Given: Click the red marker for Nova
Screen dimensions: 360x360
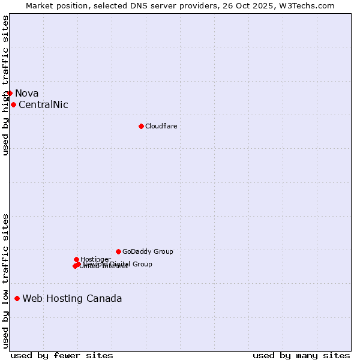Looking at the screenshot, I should tap(10, 93).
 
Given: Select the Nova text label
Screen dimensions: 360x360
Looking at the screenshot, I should tap(27, 93).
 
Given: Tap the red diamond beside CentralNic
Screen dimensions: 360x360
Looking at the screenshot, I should tap(13, 104).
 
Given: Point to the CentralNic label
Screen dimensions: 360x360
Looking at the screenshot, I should tap(43, 104).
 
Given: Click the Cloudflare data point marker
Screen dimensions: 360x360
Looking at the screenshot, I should tap(141, 126).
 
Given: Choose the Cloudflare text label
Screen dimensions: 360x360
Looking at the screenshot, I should tap(161, 126).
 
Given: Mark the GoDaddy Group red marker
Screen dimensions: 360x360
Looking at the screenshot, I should tap(118, 251).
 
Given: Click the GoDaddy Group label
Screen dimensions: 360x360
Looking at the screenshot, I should tap(148, 251).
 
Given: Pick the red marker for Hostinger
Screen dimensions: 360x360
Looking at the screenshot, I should tap(76, 259).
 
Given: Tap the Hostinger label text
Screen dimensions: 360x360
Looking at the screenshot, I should tap(95, 259).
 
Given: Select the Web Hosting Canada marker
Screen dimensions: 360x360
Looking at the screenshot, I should tap(17, 298).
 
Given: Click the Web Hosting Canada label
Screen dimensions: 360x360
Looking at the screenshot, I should tap(72, 298).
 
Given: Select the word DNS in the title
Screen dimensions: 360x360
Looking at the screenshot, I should tap(136, 5).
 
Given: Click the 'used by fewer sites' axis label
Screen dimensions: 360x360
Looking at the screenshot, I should tap(62, 355).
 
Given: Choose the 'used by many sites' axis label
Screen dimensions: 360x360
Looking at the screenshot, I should tap(301, 355).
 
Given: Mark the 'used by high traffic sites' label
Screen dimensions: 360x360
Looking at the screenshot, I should tap(5, 85).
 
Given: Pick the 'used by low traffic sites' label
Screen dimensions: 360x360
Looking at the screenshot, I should tap(5, 280).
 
